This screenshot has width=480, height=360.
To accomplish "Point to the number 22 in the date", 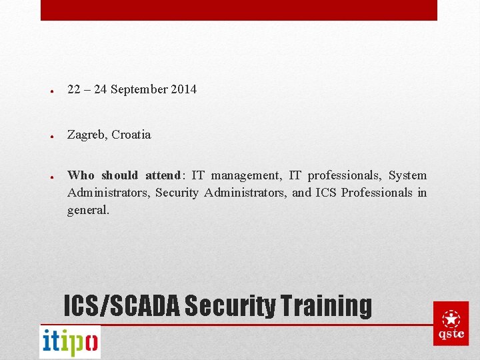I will pos(74,89).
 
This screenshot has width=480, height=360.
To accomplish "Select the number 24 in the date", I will pos(101,89).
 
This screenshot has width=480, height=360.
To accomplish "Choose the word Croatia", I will pos(131,135).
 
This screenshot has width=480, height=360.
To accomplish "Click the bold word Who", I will pos(81,175).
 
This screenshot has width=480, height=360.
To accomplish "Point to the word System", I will pos(407,175).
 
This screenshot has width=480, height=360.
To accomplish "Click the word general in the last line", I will pos(87,210).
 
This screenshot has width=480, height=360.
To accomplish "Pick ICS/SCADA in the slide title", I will pos(121,306).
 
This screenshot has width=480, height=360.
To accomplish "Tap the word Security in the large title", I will pos(230,306).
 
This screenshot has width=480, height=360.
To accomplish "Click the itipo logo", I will pos(70,342).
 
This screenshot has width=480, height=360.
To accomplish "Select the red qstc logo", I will pos(451,323).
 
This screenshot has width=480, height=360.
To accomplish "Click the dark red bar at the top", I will pos(239,10).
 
